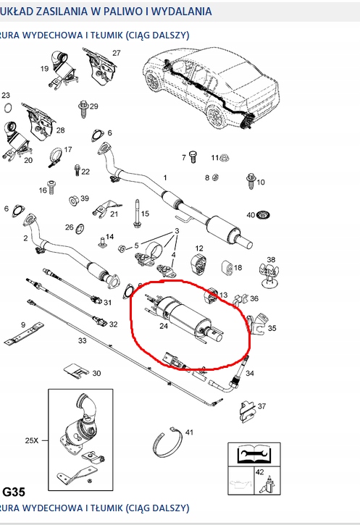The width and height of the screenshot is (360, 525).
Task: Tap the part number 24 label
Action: [x=164, y=325]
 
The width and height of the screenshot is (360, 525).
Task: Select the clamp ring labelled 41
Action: [x=168, y=445]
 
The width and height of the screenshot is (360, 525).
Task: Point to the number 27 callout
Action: [x=116, y=53]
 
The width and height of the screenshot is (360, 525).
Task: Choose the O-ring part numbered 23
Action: [x=7, y=108]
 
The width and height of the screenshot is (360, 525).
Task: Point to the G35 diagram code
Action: [x=13, y=492]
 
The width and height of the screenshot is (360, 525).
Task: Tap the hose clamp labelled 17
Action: [x=54, y=154]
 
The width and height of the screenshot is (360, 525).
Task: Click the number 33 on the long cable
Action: [x=81, y=340]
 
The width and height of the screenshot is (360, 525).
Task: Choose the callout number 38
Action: [x=271, y=259]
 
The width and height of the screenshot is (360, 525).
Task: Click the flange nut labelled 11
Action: [x=224, y=157]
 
